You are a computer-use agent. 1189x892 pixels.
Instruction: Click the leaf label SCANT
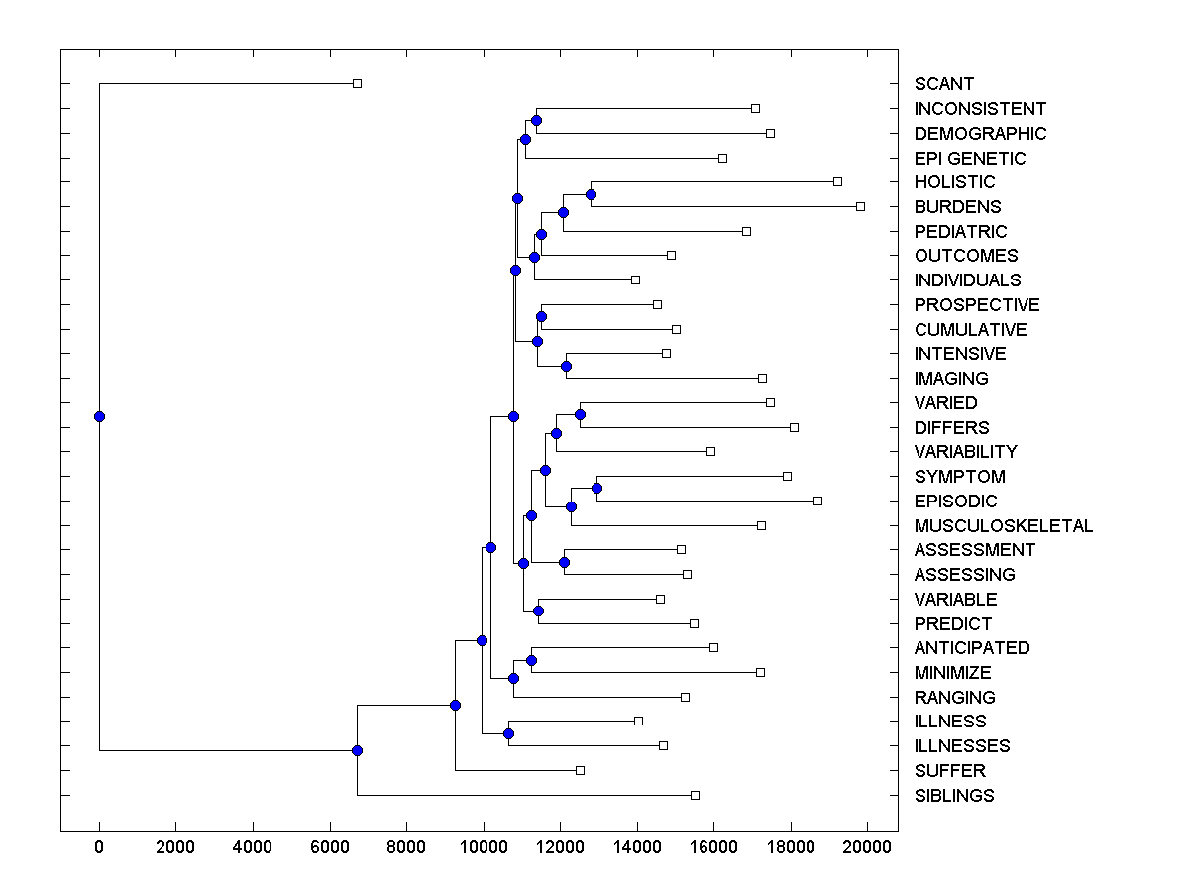pos(944,84)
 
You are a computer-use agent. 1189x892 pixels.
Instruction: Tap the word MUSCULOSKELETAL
pos(1004,525)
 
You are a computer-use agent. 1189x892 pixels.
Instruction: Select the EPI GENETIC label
pos(970,158)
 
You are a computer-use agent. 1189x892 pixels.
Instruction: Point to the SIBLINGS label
pos(954,795)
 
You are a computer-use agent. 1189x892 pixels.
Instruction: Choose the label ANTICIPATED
pos(972,647)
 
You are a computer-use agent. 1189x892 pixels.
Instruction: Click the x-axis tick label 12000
pos(560,845)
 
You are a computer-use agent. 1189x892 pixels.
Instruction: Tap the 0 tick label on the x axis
pos(99,845)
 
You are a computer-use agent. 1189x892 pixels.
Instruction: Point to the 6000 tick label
pos(329,845)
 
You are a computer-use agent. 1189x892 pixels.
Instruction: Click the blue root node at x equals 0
pos(99,416)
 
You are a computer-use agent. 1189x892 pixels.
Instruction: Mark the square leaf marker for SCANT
pos(358,84)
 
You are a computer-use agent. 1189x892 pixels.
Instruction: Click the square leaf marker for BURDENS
pos(860,206)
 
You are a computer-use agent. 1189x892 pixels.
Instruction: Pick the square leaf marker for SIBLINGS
pos(695,795)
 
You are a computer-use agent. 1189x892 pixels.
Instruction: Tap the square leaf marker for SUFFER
pos(581,770)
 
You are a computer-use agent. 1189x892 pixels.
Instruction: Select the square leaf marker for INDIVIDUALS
pos(636,279)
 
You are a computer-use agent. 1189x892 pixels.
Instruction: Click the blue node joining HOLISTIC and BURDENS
pos(591,194)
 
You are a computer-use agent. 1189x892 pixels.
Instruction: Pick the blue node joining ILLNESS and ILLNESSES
pos(508,733)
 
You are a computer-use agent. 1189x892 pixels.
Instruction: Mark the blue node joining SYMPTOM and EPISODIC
pos(596,488)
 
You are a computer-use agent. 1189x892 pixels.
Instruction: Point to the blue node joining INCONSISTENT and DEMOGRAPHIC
pos(536,120)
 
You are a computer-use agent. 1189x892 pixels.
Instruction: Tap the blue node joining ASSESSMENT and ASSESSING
pos(564,562)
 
